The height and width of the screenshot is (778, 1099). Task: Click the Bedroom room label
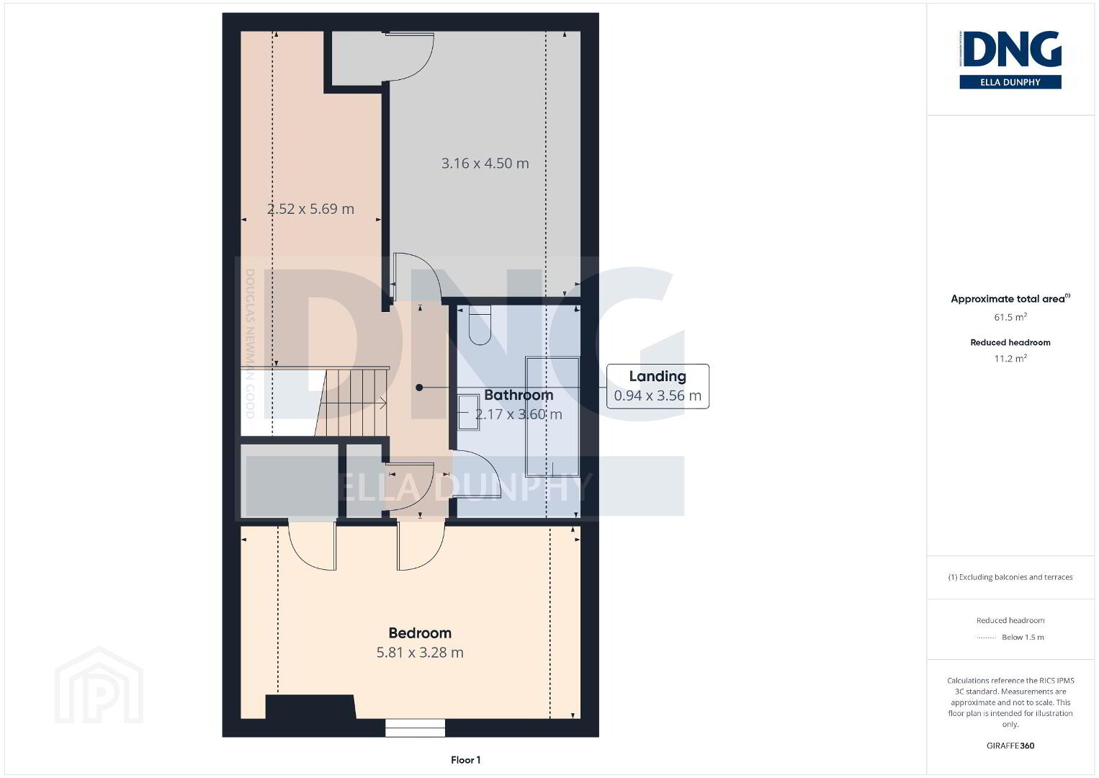[x=420, y=633]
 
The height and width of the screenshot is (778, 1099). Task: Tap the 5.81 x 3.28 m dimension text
[x=420, y=653]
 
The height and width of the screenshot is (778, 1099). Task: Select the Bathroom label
[x=519, y=395]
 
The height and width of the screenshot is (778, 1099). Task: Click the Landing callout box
[x=658, y=386]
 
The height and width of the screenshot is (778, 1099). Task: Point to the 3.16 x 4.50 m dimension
[x=485, y=163]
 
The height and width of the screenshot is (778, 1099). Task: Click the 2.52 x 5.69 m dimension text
[x=310, y=209]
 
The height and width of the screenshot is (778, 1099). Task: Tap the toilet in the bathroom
[x=480, y=325]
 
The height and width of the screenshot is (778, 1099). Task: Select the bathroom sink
[x=469, y=412]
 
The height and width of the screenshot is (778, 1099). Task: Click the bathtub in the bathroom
[x=552, y=416]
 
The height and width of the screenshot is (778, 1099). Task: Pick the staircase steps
[x=351, y=403]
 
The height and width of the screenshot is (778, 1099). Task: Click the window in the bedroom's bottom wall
[x=415, y=728]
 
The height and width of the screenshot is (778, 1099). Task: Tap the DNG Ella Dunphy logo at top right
[x=1010, y=60]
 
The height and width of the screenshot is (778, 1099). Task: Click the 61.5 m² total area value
[x=1010, y=317]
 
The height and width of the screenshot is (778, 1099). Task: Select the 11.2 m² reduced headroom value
[x=1010, y=358]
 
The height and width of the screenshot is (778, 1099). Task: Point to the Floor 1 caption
[x=466, y=760]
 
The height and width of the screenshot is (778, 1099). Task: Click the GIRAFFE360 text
[x=1010, y=746]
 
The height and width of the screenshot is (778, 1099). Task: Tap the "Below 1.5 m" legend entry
[x=1023, y=637]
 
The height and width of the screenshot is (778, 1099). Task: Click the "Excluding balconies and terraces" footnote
[x=1010, y=577]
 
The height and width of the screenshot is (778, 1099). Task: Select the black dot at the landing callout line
[x=419, y=388]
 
